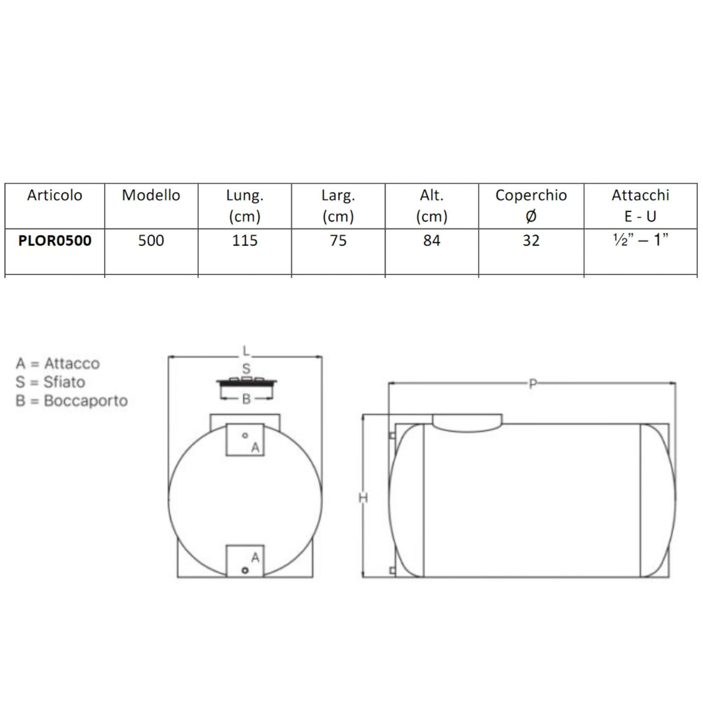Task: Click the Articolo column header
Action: coord(54,195)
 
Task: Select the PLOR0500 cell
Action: coord(55,240)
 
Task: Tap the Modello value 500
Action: coord(151,240)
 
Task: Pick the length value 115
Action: coord(245,240)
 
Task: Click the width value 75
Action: coord(338,240)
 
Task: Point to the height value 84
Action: coord(432,240)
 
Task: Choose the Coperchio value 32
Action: coord(531,240)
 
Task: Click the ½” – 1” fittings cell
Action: coord(640,239)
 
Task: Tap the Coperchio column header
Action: coord(531,205)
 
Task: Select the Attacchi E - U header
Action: coord(640,205)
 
